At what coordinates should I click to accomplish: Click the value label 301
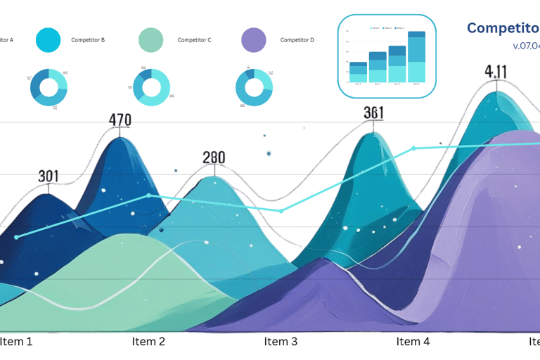coord(49,176)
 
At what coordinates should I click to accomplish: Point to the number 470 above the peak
coord(120,120)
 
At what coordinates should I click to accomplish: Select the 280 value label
coord(214,157)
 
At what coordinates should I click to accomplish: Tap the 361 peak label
coord(373,113)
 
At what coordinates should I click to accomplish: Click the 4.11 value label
coord(496,72)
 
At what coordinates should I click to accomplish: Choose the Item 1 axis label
coord(15,342)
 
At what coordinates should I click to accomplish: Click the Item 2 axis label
coord(148,342)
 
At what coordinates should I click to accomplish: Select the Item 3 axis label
coord(281,342)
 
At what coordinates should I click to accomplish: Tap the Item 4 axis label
coord(413,342)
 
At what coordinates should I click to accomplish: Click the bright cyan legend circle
coord(49,40)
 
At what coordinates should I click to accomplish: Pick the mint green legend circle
coord(151,40)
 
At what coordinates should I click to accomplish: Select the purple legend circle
coord(254,40)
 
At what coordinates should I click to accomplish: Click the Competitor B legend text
coord(88,40)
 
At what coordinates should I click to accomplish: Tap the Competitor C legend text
coord(195,40)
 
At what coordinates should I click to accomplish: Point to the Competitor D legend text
coord(297,40)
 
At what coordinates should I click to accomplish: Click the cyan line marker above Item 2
coord(148,195)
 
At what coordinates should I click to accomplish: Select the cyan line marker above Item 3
coord(281,210)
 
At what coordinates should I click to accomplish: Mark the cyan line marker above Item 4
coord(413,148)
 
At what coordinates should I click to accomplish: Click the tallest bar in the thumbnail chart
coord(416,57)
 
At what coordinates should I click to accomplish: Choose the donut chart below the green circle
coord(151,87)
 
